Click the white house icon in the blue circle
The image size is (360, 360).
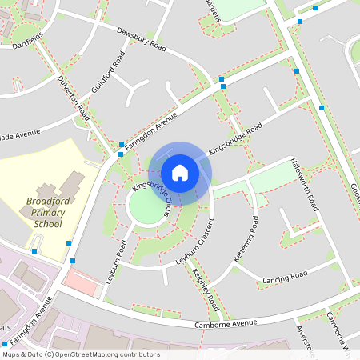click(x=180, y=172)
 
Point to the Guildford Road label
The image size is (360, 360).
click(x=110, y=72)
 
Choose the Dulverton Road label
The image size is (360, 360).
click(x=74, y=100)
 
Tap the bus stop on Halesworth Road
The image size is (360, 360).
click(x=322, y=107)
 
